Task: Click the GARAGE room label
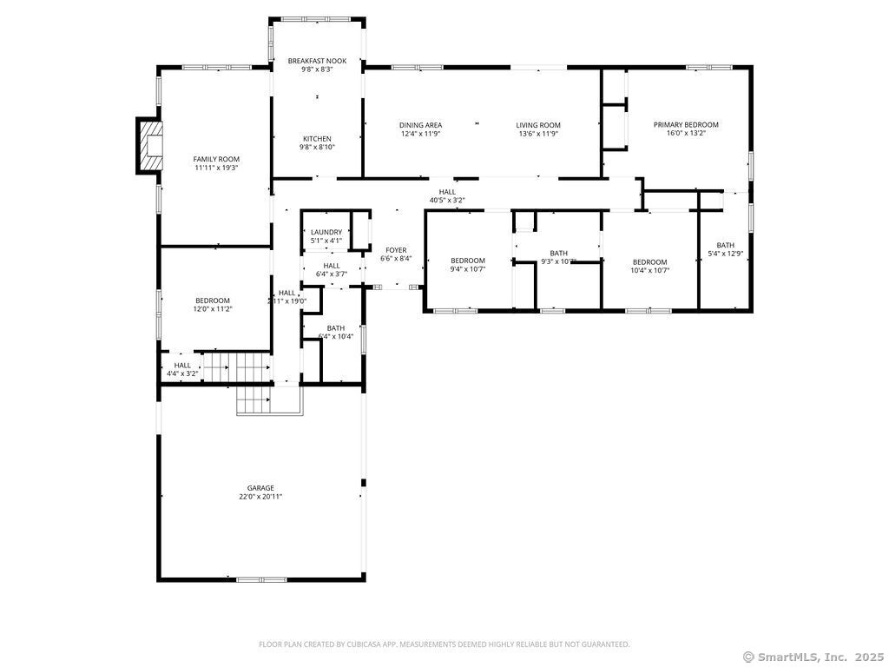260,488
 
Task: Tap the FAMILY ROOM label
216,159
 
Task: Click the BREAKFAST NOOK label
317,61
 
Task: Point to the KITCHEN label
317,139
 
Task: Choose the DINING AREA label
420,125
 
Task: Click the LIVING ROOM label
538,125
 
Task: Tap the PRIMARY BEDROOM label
686,124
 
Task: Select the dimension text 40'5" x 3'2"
447,201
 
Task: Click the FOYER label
396,250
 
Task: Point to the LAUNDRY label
326,232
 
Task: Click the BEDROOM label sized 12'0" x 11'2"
213,300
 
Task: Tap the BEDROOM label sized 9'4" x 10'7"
467,261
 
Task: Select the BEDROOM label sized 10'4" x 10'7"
649,262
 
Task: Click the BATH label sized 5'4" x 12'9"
725,245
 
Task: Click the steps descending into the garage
254,401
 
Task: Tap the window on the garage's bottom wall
260,579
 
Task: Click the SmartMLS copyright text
813,657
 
